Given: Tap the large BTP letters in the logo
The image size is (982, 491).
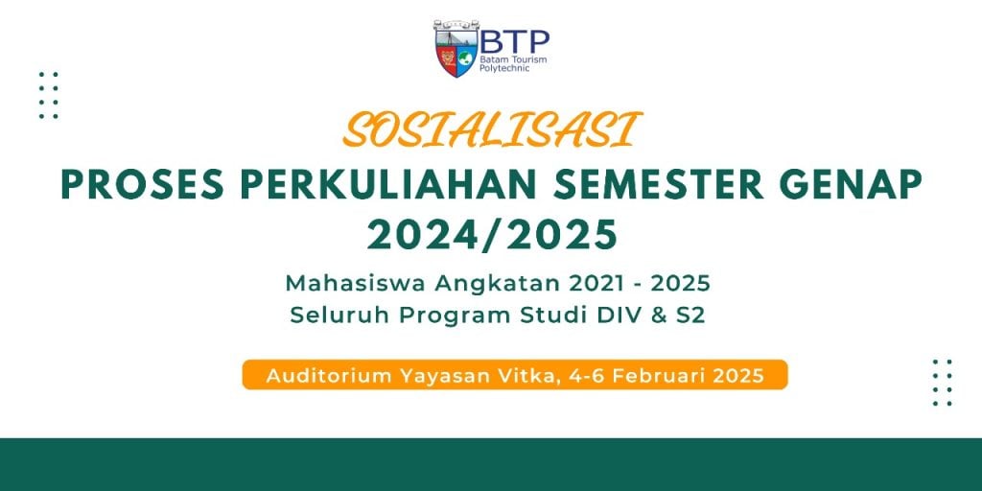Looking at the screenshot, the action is pos(514,42).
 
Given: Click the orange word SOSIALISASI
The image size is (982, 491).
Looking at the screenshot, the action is pos(492,130).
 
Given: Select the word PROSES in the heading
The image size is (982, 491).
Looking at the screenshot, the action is pos(142,184).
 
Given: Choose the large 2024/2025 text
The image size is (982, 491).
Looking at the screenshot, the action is pos(492,234).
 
